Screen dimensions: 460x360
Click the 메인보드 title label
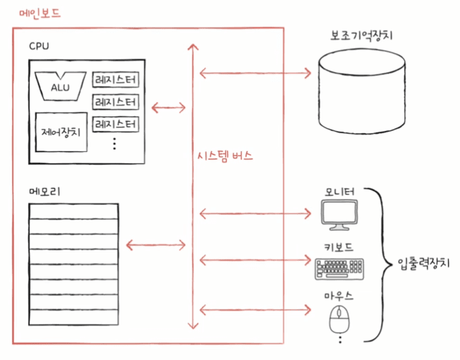(40, 14)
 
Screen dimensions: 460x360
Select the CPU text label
(39, 46)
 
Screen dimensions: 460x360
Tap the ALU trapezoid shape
(60, 86)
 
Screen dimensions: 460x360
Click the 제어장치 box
(61, 132)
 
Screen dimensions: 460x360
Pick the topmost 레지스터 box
(116, 79)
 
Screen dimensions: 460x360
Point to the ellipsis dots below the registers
(114, 144)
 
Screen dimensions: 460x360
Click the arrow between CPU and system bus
(168, 107)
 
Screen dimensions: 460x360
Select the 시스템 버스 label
(225, 155)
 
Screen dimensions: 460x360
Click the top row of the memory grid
(74, 211)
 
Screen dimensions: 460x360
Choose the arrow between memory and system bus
(156, 245)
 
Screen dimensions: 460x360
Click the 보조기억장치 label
(361, 36)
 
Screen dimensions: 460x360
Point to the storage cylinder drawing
(362, 91)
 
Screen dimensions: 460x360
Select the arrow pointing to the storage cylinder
(255, 73)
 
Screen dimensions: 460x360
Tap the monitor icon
(340, 215)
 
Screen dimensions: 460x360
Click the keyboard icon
(340, 268)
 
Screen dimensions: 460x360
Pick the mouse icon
(340, 319)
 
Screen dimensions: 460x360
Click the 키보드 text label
(339, 247)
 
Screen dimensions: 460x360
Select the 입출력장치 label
(424, 263)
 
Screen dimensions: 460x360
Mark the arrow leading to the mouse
(255, 310)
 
